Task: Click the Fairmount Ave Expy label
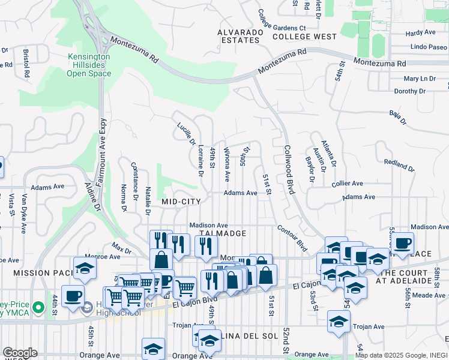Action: (x=102, y=150)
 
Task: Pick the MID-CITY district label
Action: (x=181, y=202)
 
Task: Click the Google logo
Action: (x=20, y=353)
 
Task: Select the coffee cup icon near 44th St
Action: (x=73, y=296)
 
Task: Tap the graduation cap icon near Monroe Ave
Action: (x=85, y=269)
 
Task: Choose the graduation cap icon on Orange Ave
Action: (x=153, y=349)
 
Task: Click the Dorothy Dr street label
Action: (x=410, y=91)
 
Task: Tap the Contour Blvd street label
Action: (x=292, y=238)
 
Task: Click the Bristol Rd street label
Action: (x=26, y=64)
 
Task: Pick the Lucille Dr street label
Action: (x=187, y=133)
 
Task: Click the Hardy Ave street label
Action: (x=420, y=34)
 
